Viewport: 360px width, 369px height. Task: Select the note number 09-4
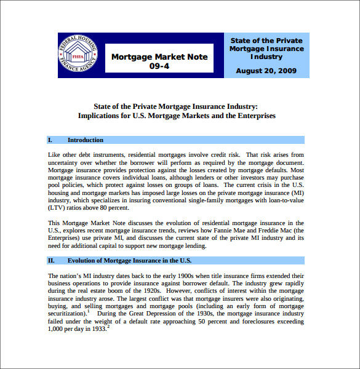(159, 66)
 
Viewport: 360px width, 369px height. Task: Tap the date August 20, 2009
(266, 71)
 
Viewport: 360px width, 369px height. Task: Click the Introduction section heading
(86, 140)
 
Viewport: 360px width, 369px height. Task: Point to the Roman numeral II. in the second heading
(52, 260)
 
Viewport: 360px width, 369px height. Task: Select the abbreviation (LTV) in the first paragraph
(58, 208)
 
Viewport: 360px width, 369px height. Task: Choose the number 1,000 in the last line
(57, 329)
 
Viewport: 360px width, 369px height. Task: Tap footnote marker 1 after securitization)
(89, 311)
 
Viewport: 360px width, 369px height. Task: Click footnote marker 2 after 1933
(108, 327)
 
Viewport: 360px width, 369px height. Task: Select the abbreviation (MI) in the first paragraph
(296, 192)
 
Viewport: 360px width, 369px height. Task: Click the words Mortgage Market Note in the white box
(159, 57)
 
